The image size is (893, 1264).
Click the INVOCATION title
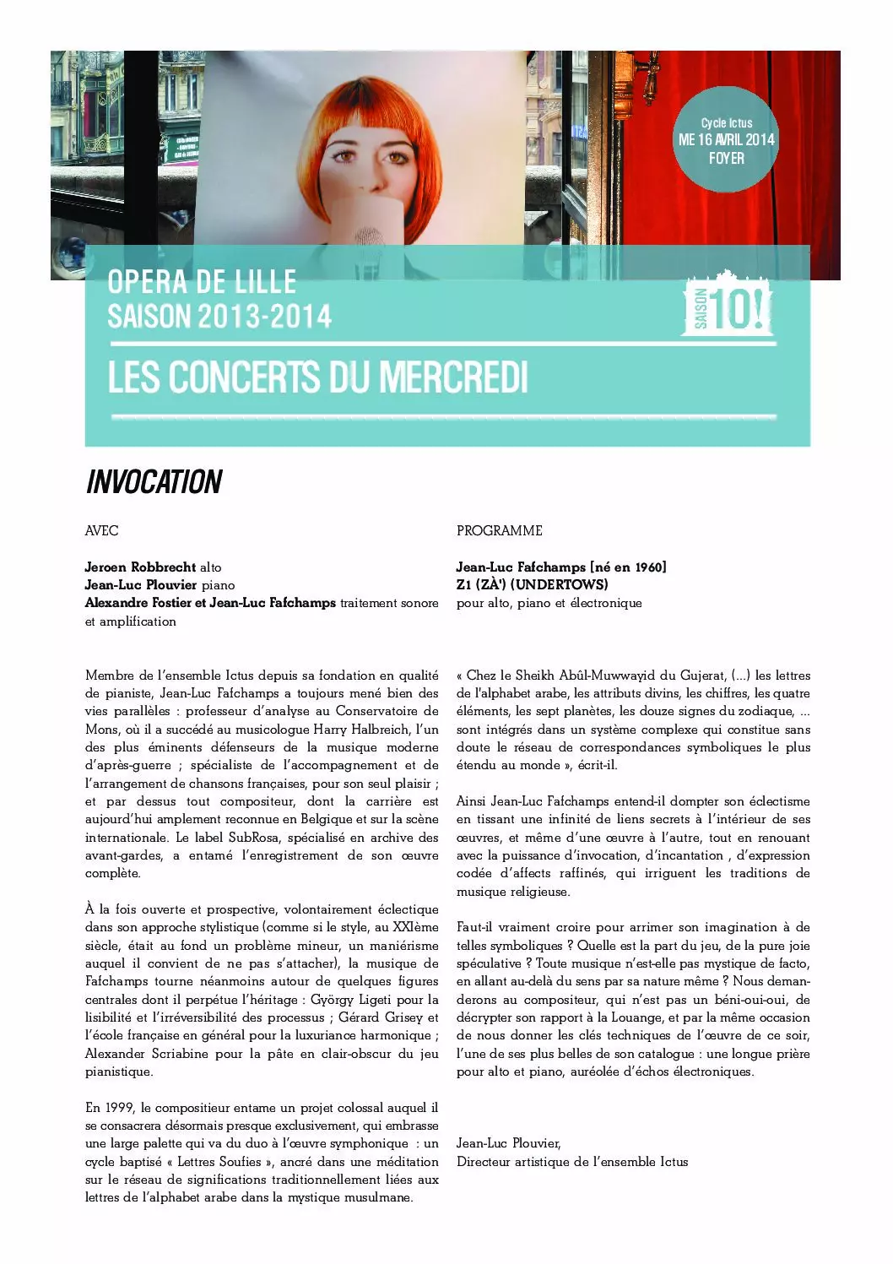[x=154, y=482]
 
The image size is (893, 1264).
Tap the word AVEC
[x=101, y=530]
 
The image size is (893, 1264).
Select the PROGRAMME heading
[x=499, y=530]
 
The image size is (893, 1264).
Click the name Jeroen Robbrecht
[x=140, y=567]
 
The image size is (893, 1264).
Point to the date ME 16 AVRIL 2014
[x=726, y=140]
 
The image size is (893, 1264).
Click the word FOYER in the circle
[x=726, y=158]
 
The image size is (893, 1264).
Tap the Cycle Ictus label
[x=726, y=123]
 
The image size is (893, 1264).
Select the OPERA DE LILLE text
[x=202, y=282]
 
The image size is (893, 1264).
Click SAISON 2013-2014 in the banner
[x=219, y=317]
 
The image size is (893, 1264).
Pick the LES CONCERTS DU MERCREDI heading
[x=317, y=377]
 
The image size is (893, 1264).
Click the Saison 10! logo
[x=727, y=306]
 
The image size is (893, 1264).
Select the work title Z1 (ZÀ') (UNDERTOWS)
[x=532, y=584]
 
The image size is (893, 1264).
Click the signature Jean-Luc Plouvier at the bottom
[x=508, y=1143]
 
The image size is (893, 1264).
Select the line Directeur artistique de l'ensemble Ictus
[x=571, y=1162]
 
